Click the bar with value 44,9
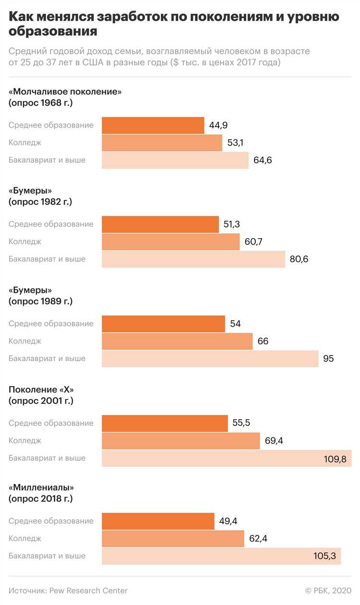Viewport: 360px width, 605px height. [x=153, y=125]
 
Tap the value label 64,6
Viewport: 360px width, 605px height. [x=263, y=160]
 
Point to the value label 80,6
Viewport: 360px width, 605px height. [x=299, y=259]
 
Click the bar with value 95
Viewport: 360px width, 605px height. [x=210, y=359]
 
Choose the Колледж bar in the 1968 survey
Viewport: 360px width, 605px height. [x=162, y=143]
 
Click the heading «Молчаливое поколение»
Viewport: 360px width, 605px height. [x=65, y=92]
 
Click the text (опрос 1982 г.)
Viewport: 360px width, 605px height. [x=40, y=202]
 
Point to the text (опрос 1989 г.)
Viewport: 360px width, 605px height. [x=40, y=301]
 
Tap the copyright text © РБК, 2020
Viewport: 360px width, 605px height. [x=328, y=590]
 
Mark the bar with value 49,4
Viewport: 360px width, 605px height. [x=158, y=521]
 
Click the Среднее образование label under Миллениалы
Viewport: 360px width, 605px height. [x=51, y=521]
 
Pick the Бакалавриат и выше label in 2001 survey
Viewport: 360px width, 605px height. [x=47, y=458]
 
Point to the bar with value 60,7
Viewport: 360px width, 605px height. [x=170, y=242]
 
